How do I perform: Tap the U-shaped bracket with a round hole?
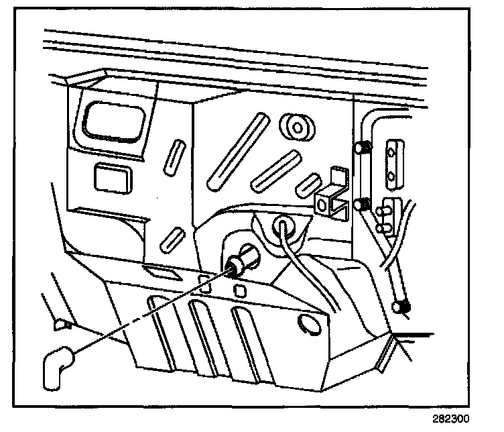click(332, 198)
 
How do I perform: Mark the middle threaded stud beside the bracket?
click(363, 204)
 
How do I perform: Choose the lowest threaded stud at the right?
click(402, 308)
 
